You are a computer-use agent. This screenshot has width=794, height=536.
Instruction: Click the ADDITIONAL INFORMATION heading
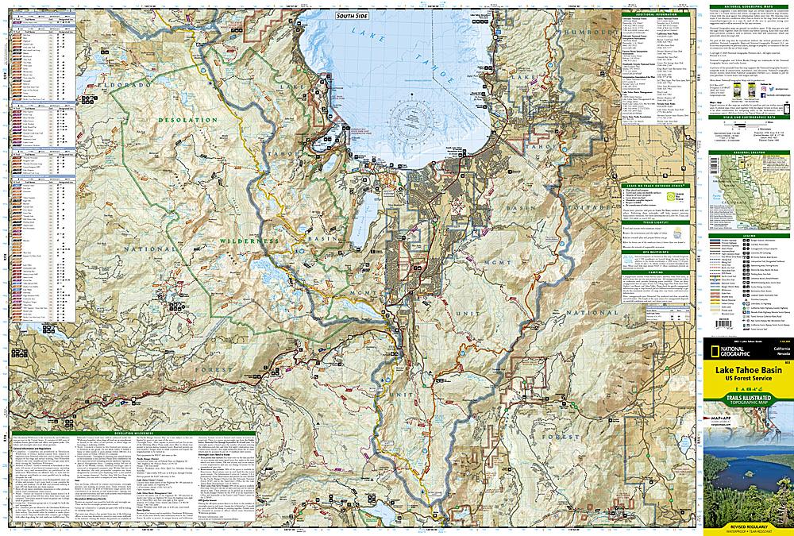pos(657,14)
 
